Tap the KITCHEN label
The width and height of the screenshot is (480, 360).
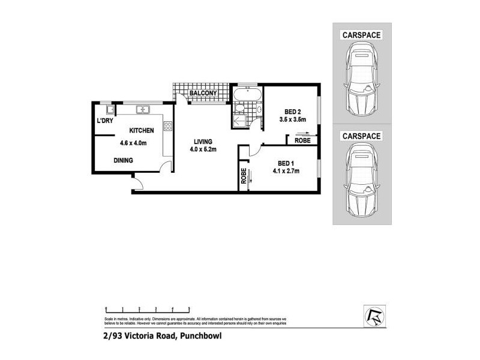click(x=142, y=130)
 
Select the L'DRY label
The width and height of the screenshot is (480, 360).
click(x=105, y=121)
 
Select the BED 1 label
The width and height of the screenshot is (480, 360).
click(x=286, y=163)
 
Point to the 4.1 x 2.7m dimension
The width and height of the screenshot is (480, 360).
click(x=286, y=171)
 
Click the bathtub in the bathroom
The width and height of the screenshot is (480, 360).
click(x=247, y=94)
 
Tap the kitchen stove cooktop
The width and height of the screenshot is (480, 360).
click(x=168, y=126)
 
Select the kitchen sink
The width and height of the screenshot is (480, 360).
click(x=143, y=109)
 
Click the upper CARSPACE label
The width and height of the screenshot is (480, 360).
click(x=362, y=35)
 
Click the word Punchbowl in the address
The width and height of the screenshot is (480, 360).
click(x=200, y=337)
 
